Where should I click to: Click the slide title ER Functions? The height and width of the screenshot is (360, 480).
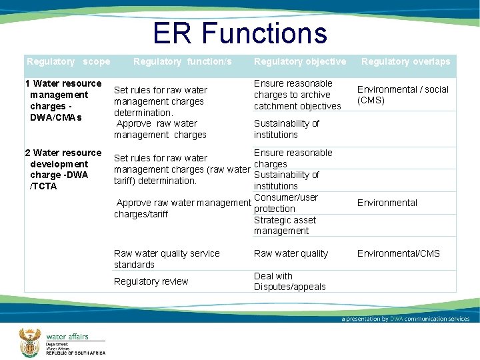[x=239, y=33]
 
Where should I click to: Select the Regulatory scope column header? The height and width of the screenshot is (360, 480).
[x=68, y=61]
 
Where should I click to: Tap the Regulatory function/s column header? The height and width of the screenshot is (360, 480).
[x=183, y=61]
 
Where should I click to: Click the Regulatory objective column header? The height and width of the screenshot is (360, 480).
[x=299, y=61]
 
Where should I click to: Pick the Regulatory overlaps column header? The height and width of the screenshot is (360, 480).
[x=405, y=61]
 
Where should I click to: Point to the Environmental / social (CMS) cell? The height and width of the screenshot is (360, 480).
[x=403, y=95]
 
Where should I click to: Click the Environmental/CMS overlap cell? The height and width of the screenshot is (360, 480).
[x=398, y=253]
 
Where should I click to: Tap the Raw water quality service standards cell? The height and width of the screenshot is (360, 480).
[x=167, y=259]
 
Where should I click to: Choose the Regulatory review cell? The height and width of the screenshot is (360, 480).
[x=151, y=281]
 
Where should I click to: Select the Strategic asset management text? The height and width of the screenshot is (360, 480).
[x=285, y=225]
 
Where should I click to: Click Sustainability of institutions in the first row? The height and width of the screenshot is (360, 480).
[x=286, y=129]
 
